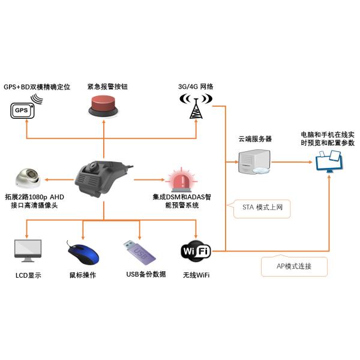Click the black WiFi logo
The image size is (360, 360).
(x=196, y=251)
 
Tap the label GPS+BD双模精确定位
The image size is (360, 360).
(x=37, y=87)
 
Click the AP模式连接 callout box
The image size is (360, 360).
(x=294, y=266)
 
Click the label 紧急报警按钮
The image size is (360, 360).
(x=107, y=87)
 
